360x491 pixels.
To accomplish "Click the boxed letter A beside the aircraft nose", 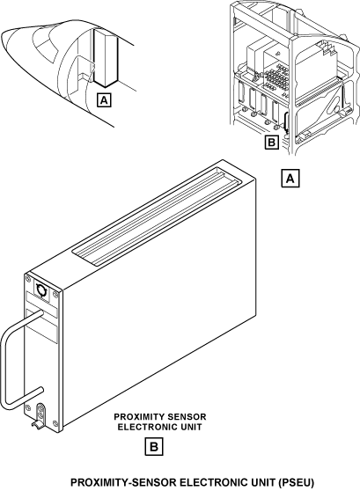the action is click(x=104, y=100).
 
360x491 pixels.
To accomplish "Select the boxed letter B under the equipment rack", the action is click(x=271, y=143).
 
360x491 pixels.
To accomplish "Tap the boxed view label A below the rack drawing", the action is click(x=290, y=178).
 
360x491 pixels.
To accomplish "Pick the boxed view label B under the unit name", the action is click(x=154, y=446).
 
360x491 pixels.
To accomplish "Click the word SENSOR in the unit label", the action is click(x=187, y=417).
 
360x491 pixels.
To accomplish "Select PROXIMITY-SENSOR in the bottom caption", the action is click(x=124, y=482).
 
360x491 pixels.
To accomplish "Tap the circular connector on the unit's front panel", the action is click(x=41, y=289).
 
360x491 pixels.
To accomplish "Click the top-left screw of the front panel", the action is click(x=28, y=278).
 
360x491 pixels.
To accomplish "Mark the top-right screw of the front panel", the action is click(x=55, y=294).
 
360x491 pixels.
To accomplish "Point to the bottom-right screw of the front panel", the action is click(x=55, y=423).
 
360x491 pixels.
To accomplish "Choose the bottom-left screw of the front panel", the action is click(x=28, y=407).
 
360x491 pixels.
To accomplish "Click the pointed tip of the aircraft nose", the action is click(x=2, y=39).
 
